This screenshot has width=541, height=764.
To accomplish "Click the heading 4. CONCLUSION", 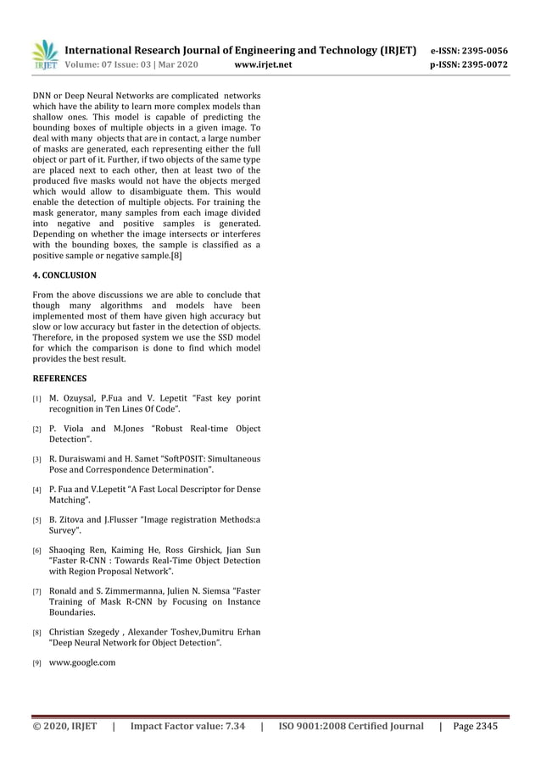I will (x=64, y=275).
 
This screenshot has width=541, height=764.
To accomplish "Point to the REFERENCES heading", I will (x=59, y=378).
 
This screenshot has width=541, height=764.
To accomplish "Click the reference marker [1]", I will (x=37, y=399).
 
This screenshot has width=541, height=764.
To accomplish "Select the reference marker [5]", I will (x=37, y=521).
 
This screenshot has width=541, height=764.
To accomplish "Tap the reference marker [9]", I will (x=37, y=663).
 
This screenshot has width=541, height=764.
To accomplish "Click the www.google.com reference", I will (x=82, y=662).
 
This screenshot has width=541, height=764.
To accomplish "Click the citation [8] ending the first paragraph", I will (x=176, y=255).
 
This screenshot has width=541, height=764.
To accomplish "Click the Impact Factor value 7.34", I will (x=232, y=726).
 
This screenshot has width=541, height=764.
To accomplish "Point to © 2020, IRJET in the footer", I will (x=64, y=726).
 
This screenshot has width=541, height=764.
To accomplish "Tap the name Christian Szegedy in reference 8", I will (x=83, y=632).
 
